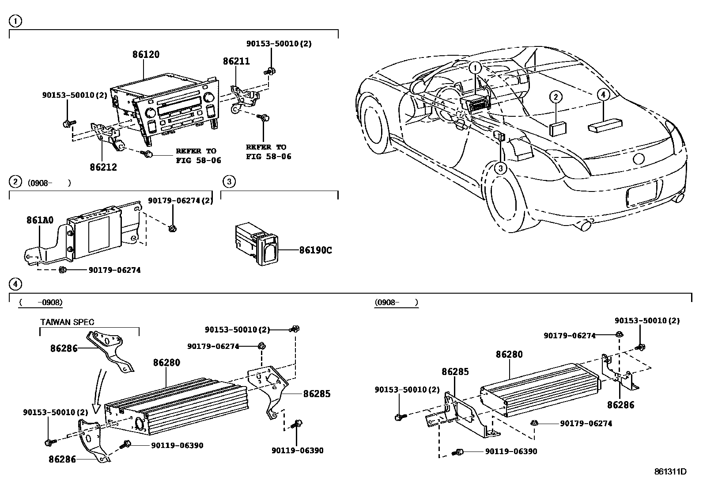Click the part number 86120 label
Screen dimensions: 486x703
[x=146, y=54]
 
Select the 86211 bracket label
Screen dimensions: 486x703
[x=236, y=61]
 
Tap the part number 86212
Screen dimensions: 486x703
[x=103, y=167]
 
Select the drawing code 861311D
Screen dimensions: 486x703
[x=670, y=471]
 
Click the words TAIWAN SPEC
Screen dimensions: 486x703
[x=67, y=322]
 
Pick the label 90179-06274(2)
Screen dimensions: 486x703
[x=180, y=201]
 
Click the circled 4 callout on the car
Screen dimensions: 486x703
[x=603, y=94]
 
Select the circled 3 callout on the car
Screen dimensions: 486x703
[x=500, y=168]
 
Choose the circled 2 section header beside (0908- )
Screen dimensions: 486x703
[x=15, y=181]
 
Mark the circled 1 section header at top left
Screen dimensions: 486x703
[x=15, y=21]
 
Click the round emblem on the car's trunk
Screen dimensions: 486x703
[x=639, y=159]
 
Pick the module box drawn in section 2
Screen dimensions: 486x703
[x=93, y=234]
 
